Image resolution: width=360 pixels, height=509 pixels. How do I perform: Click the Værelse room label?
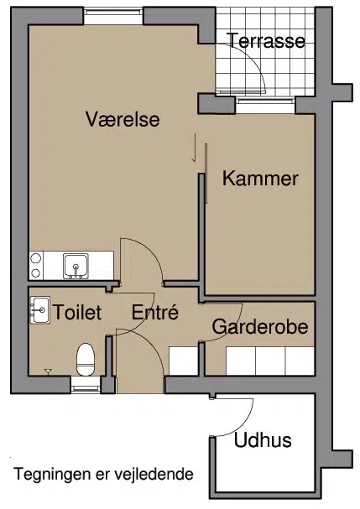[123, 119]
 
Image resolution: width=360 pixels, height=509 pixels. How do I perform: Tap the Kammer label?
[260, 179]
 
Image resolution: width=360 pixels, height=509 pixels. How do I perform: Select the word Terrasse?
[267, 40]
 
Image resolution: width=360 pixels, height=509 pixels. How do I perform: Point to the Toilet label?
[77, 312]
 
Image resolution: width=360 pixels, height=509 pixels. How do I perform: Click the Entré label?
[155, 312]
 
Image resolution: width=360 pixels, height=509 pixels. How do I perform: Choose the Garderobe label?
[260, 326]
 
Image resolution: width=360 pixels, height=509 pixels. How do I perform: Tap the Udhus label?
[263, 440]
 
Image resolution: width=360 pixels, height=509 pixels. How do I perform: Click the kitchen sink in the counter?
[76, 267]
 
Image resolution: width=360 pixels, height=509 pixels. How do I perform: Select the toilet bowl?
[86, 360]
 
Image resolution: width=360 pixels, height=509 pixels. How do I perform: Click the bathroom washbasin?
[40, 309]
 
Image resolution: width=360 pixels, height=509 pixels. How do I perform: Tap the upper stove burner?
[35, 259]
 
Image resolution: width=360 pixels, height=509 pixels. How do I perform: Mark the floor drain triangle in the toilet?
[48, 371]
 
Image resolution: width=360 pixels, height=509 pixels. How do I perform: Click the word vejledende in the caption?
[154, 475]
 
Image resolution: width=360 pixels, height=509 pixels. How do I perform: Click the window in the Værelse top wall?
[113, 16]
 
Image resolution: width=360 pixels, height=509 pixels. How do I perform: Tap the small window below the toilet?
[86, 385]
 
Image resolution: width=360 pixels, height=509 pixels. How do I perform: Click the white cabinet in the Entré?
[184, 361]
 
